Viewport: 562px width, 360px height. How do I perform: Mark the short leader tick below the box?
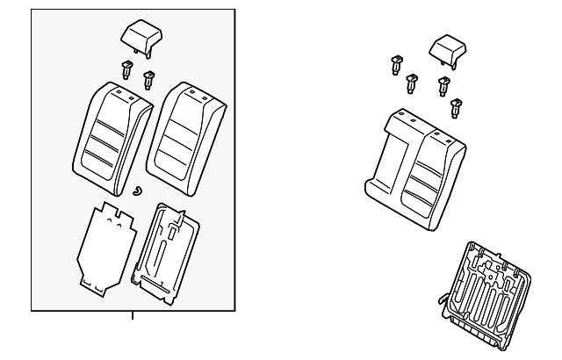click(x=133, y=316)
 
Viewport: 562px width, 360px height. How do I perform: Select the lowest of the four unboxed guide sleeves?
click(x=455, y=108)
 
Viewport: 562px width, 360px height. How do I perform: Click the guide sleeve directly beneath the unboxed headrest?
click(x=443, y=86)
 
